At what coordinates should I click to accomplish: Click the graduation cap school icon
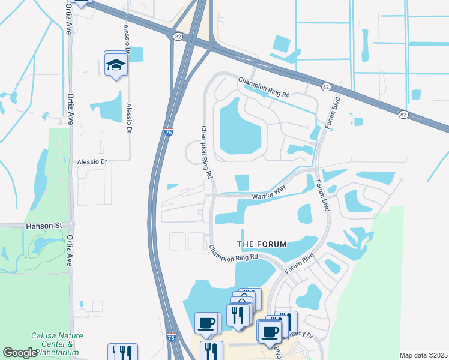116,64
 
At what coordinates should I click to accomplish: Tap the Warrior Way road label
268,193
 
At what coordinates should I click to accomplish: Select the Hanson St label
44,226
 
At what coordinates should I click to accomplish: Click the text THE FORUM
262,244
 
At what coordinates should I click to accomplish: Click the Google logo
20,353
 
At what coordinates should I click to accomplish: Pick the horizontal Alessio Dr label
92,162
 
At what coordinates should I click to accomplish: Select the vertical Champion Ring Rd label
206,152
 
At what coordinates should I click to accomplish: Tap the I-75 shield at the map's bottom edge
172,338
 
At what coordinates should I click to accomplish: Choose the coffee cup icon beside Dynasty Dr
270,331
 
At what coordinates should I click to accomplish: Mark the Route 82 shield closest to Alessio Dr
178,37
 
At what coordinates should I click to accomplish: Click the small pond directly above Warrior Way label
243,181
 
